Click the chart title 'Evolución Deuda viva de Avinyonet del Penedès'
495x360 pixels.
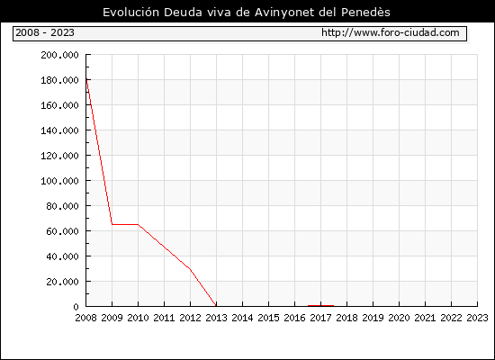tap(247, 13)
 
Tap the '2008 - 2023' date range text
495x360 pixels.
tap(45, 32)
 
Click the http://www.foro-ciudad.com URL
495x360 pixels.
tap(391, 32)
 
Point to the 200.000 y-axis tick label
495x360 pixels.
tap(59, 55)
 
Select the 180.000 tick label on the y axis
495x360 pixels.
tap(59, 80)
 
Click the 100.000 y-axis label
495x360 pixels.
tap(59, 181)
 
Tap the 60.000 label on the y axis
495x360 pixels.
tap(62, 231)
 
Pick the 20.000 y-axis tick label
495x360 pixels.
tap(62, 282)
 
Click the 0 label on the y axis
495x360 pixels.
tap(76, 307)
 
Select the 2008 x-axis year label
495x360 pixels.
tap(85, 318)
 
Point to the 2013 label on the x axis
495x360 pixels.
tap(216, 318)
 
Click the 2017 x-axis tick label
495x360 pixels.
tap(320, 318)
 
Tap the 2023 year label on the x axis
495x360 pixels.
tap(477, 318)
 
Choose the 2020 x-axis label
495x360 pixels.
tap(399, 318)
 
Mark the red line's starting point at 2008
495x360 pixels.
tap(86, 79)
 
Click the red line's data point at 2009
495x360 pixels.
tap(112, 224)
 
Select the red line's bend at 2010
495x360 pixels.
tap(138, 224)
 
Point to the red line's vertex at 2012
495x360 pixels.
tap(190, 269)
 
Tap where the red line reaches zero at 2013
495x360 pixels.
tap(216, 306)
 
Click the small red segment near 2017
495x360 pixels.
tap(320, 305)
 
